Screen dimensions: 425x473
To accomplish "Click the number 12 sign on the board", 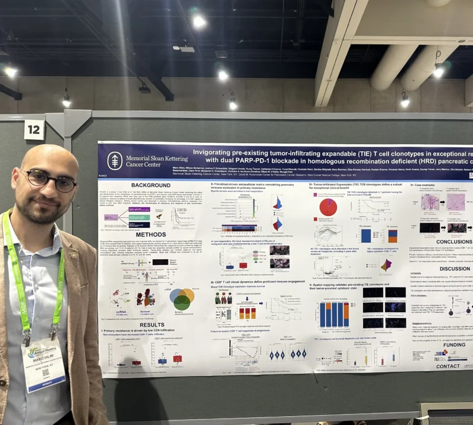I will click(x=34, y=130).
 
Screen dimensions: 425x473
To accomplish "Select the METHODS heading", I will click(x=151, y=234).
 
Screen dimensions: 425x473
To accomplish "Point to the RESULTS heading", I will click(x=152, y=325).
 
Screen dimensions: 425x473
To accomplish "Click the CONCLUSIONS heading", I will click(x=453, y=242).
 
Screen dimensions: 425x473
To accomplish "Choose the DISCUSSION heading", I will click(x=455, y=269).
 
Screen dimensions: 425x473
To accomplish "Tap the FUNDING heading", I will click(x=455, y=345).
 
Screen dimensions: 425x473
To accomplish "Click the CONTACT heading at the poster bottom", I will click(x=448, y=366).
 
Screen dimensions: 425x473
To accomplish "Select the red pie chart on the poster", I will click(x=328, y=207).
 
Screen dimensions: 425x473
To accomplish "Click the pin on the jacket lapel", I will click(x=74, y=256).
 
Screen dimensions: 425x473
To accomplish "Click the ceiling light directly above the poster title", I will click(x=223, y=75).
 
